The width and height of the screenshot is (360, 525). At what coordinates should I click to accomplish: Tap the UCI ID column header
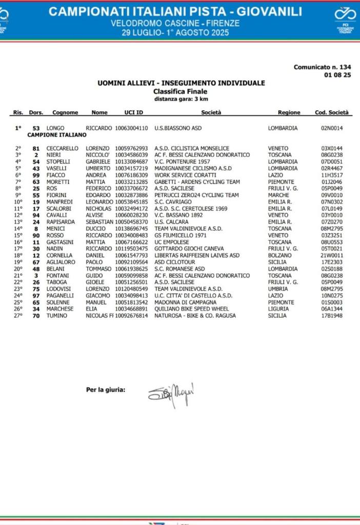tap(133, 112)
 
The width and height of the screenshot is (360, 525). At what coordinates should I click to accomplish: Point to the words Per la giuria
tap(105, 390)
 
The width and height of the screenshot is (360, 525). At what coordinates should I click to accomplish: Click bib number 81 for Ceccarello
tap(36, 148)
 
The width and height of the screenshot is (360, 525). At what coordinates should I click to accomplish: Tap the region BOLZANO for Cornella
tap(280, 255)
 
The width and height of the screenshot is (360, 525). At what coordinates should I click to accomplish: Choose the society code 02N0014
tap(332, 128)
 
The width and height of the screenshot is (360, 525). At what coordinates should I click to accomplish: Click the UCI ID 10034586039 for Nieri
tap(132, 155)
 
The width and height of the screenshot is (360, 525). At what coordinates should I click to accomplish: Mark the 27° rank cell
tap(18, 315)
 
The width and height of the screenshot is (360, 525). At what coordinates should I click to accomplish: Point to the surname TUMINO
tap(57, 315)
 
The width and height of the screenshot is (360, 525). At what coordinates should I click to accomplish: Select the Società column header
tap(211, 112)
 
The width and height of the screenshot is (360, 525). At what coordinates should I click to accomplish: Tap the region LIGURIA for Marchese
tap(278, 309)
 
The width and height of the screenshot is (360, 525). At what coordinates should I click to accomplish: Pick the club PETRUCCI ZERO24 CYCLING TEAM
tap(196, 195)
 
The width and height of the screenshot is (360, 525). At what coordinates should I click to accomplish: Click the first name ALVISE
tap(94, 215)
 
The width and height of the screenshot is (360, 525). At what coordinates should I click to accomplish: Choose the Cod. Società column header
tap(331, 112)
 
